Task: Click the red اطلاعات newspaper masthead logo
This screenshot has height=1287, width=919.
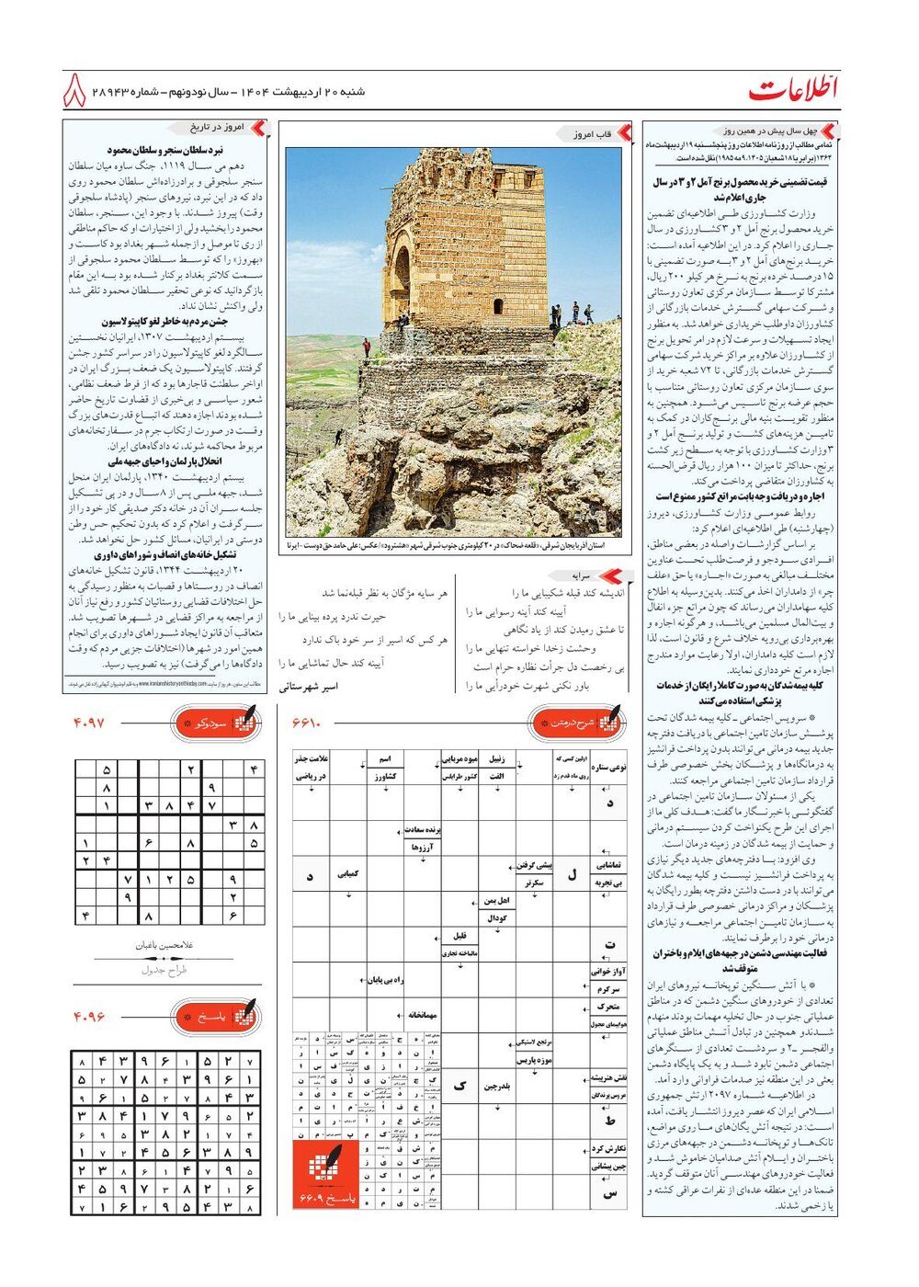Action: (x=792, y=90)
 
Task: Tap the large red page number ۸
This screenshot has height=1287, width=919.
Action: (x=75, y=91)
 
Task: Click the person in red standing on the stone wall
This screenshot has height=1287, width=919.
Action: (x=367, y=347)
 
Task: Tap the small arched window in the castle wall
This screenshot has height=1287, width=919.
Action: (x=497, y=305)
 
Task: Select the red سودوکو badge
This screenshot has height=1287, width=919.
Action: (x=217, y=723)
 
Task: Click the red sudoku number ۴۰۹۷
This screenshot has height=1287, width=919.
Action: (x=90, y=723)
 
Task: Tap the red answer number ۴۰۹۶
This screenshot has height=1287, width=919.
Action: (x=90, y=1017)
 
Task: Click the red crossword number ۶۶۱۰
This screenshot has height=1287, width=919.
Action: (x=307, y=723)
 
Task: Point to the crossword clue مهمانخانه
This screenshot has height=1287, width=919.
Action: (x=423, y=1015)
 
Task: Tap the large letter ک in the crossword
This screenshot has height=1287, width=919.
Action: (x=459, y=1086)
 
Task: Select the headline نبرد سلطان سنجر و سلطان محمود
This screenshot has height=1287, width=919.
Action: (x=165, y=149)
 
